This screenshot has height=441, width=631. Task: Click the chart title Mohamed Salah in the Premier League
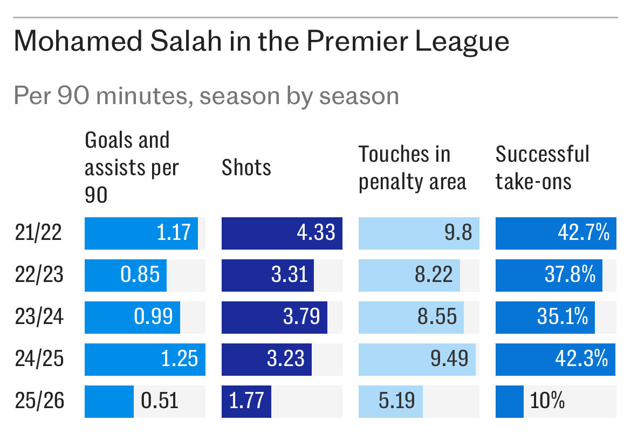pos(261,42)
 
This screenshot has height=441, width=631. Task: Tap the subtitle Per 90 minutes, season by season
pos(206,96)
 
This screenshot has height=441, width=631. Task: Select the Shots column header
pos(246,168)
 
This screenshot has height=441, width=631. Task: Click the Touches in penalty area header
pos(412,168)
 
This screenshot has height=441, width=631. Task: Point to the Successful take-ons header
pos(542,168)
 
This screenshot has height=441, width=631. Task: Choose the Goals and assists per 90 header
pos(132,168)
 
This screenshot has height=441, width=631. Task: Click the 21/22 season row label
pos(39,233)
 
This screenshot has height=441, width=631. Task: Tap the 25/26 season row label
pos(39,402)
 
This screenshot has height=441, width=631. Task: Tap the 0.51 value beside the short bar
pos(159,402)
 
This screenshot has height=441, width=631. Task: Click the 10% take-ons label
pos(547,402)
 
